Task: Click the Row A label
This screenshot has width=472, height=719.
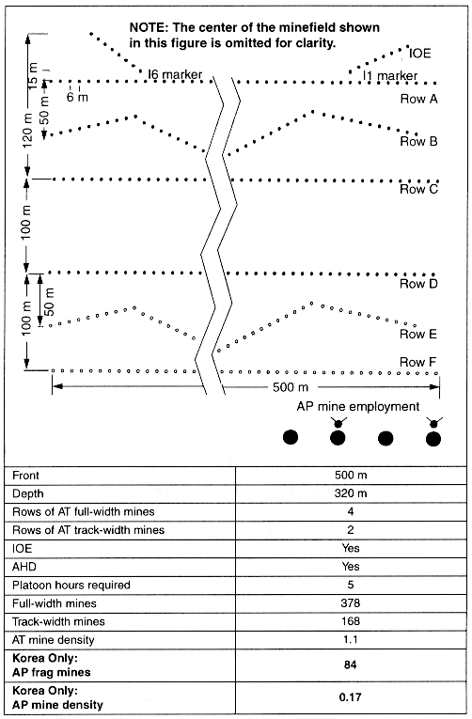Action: point(418,99)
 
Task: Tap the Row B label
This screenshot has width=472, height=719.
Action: point(418,141)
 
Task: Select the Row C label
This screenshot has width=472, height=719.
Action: point(418,189)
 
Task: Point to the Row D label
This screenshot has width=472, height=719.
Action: point(418,284)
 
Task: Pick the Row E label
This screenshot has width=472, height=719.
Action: point(418,334)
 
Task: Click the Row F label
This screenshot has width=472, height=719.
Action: point(417,362)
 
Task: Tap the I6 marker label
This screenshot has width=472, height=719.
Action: point(175,74)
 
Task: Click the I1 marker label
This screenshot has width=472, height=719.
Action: point(390,76)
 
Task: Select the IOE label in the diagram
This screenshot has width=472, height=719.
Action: point(420,54)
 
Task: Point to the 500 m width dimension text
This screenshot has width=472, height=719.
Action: point(291,387)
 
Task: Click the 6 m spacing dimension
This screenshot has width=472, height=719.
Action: point(77,97)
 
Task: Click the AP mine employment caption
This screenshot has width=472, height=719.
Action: point(358,406)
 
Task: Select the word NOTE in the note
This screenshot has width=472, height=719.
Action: point(149,27)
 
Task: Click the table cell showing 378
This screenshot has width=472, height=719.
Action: point(350,603)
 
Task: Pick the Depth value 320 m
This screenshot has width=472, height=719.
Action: point(351,493)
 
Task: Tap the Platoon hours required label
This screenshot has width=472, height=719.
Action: point(71,586)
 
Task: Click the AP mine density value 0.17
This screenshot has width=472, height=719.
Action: point(350,697)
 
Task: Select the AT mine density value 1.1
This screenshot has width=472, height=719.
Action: point(351,640)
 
